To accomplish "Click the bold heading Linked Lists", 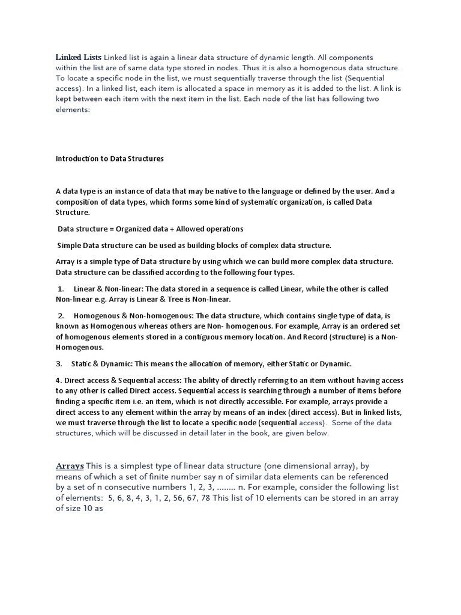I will (79, 57).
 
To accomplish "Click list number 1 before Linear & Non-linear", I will (61, 289).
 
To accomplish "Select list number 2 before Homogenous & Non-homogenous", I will (61, 316).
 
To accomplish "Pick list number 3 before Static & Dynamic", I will (59, 364).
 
